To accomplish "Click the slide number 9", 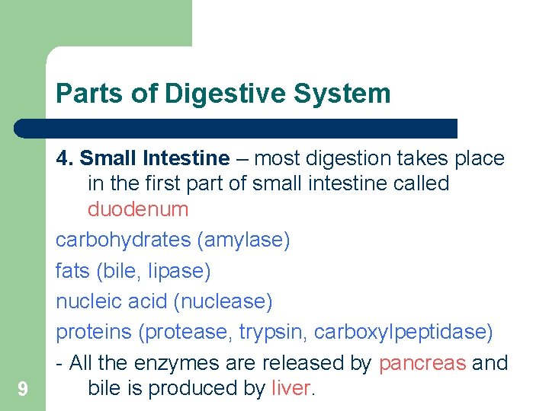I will click(x=23, y=390).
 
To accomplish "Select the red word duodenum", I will click(x=138, y=209).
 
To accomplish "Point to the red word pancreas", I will click(x=422, y=363).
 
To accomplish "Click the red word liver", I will click(x=291, y=388).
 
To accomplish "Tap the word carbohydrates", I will click(x=123, y=240).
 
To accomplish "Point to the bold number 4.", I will click(x=64, y=158).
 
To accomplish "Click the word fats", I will click(x=72, y=270).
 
